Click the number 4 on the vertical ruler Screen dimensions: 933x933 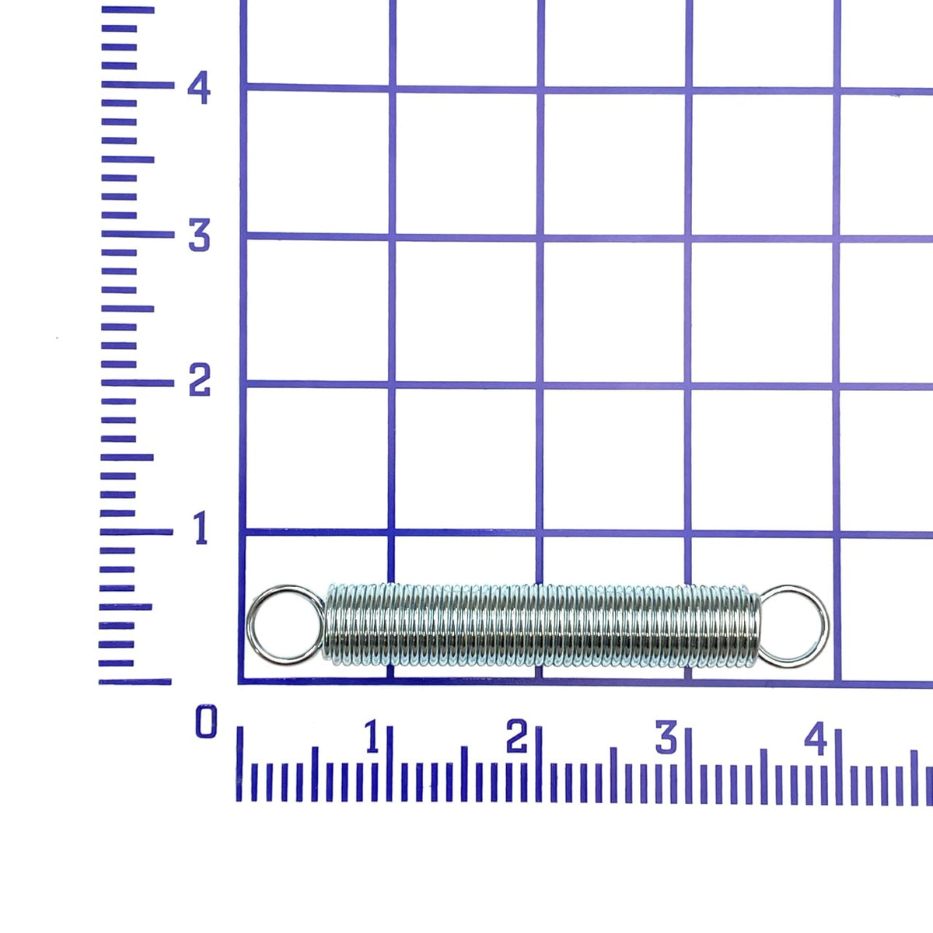[x=199, y=89]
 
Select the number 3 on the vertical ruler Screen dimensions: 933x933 [x=199, y=236]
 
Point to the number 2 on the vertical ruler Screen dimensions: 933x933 [x=199, y=381]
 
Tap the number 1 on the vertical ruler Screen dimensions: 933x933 [x=201, y=529]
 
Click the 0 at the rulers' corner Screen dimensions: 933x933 [x=206, y=723]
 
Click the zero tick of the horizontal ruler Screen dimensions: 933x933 [x=239, y=766]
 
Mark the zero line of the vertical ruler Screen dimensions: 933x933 [x=135, y=682]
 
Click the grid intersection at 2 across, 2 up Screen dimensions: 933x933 [x=538, y=385]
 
